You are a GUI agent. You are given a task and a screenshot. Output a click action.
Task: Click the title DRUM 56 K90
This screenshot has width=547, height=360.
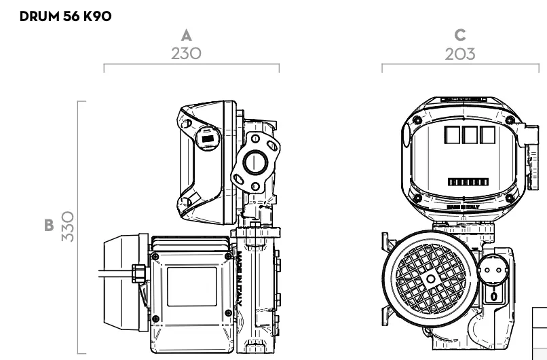[66, 16]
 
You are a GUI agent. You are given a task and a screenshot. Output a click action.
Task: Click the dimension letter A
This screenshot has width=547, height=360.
[187, 35]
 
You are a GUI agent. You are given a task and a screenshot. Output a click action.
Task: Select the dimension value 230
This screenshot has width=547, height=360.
[186, 54]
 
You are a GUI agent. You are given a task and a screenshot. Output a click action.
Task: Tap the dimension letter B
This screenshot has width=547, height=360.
[49, 226]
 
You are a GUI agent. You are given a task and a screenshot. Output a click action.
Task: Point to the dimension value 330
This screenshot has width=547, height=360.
[68, 226]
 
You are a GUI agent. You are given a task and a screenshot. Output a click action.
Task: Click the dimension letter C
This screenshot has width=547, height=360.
[460, 35]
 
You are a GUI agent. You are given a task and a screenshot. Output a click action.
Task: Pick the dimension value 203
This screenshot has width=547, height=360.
[460, 54]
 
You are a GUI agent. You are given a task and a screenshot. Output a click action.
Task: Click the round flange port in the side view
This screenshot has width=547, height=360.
[255, 163]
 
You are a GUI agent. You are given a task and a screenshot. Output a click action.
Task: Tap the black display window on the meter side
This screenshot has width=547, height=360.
[208, 139]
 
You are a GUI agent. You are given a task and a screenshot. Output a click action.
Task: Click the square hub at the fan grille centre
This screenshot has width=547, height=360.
[431, 279]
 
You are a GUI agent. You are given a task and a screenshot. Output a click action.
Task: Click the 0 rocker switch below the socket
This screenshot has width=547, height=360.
[494, 296]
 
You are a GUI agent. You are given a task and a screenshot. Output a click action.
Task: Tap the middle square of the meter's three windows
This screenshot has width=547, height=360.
[470, 134]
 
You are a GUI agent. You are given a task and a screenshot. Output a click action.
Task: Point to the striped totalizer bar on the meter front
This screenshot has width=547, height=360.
[468, 182]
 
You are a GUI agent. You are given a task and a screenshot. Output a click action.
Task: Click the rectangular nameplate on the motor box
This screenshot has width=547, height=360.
[192, 287]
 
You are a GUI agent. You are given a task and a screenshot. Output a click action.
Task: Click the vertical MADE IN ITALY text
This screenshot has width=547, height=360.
[240, 278]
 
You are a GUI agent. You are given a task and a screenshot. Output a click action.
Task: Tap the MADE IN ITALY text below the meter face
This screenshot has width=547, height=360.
[464, 207]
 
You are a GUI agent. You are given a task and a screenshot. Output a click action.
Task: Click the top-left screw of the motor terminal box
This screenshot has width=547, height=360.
[155, 257]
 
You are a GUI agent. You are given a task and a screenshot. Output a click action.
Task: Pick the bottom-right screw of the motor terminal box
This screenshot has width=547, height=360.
[229, 313]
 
